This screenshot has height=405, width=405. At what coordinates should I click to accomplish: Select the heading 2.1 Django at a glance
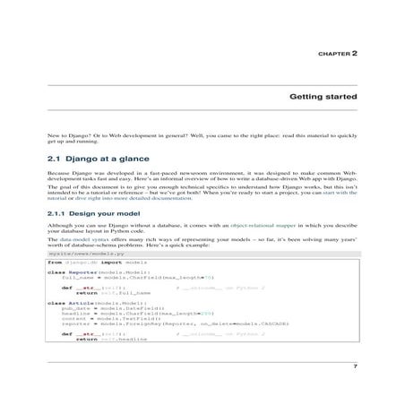pyautogui.click(x=93, y=158)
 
